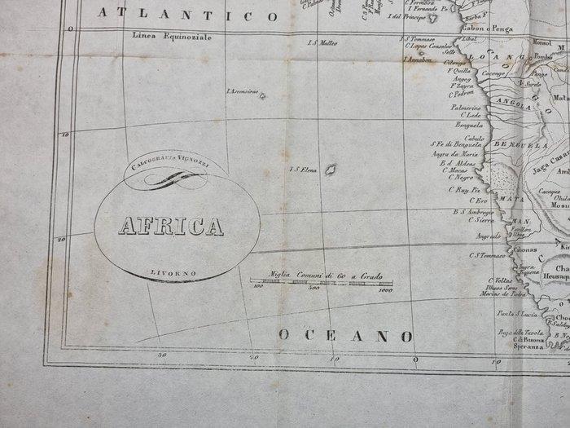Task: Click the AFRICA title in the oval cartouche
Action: (171, 227)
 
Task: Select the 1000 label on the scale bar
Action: (385, 289)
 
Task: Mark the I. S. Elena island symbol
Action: (331, 170)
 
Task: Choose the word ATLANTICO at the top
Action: (186, 13)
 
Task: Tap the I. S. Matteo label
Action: (322, 43)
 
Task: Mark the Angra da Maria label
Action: (454, 154)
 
